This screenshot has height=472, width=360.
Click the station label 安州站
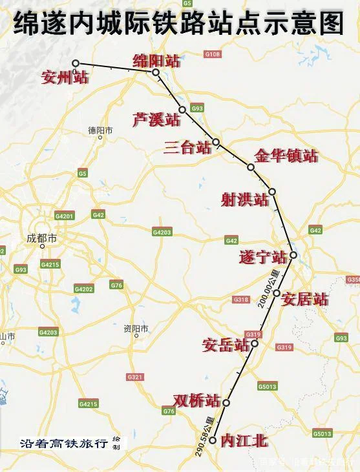click(x=63, y=77)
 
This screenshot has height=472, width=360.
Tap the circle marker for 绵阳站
click(x=156, y=72)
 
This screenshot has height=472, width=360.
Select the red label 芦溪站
click(x=156, y=119)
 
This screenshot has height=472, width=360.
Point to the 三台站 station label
click(x=187, y=147)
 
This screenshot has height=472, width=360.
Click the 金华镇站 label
click(x=286, y=156)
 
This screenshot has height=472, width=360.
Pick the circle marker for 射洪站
click(x=272, y=192)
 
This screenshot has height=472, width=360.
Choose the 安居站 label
click(x=305, y=299)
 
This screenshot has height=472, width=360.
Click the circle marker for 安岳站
click(x=255, y=343)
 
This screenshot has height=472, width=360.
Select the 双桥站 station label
click(x=197, y=400)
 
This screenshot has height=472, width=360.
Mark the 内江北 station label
click(x=244, y=440)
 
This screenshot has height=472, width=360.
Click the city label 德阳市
click(x=100, y=130)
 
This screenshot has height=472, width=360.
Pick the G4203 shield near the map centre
click(x=162, y=232)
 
